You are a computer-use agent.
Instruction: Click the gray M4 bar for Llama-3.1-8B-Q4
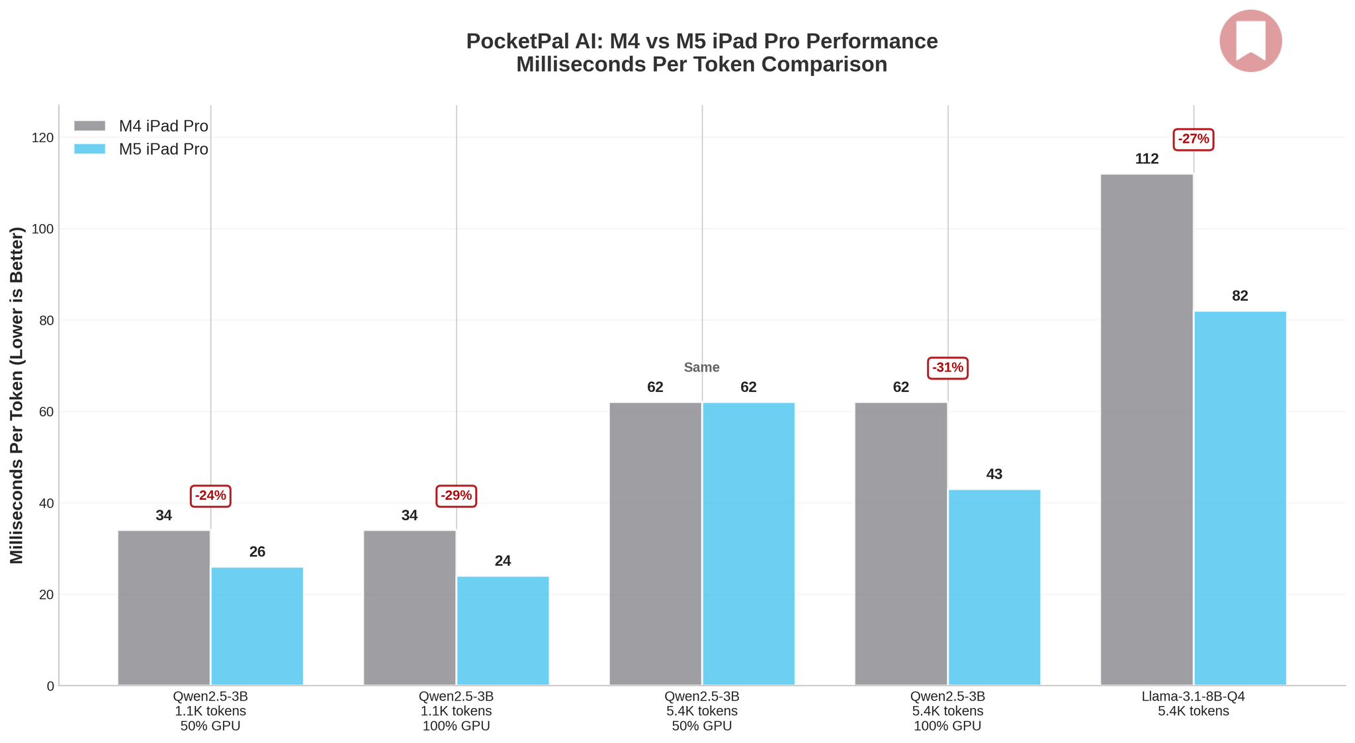[1147, 430]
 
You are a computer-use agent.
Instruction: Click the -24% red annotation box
[210, 495]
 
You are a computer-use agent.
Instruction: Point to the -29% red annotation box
[457, 495]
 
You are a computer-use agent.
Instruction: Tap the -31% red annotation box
[947, 368]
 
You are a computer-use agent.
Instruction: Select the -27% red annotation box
[1194, 139]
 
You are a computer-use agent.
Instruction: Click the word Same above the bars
[701, 368]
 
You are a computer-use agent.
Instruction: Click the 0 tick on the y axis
[50, 686]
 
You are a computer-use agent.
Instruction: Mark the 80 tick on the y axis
[45, 321]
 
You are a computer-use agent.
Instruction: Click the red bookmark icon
[1250, 40]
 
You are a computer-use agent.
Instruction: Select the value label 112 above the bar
[1147, 159]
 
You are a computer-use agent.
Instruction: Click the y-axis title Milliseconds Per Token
[17, 395]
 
